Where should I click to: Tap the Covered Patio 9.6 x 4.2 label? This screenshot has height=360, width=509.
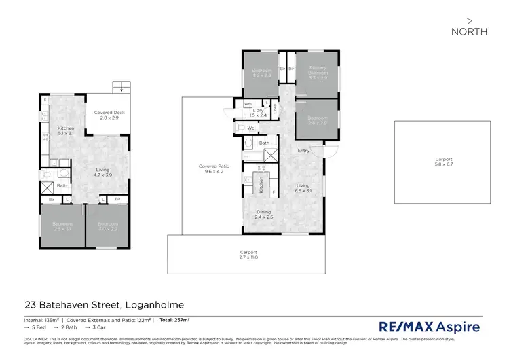(x=211, y=168)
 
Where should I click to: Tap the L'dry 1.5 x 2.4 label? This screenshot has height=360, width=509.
(x=258, y=113)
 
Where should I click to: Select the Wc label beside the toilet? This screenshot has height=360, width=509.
(x=251, y=128)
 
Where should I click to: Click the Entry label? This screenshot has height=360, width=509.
(x=303, y=151)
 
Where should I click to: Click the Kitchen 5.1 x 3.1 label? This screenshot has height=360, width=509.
(x=67, y=130)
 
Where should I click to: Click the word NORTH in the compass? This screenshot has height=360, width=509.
(x=469, y=31)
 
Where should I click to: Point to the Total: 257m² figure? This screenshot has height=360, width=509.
(x=174, y=319)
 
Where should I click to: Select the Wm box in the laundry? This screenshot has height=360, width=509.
(x=239, y=104)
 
